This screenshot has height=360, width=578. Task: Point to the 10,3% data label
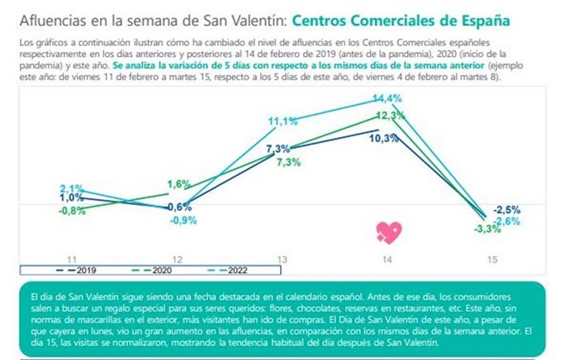pos(385,139)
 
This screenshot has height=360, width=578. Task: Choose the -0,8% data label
pos(72,211)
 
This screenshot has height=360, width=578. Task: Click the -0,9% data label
pos(182,220)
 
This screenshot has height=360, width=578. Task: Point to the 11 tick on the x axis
pos(72,259)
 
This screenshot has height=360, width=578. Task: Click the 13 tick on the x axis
pos(283,259)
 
